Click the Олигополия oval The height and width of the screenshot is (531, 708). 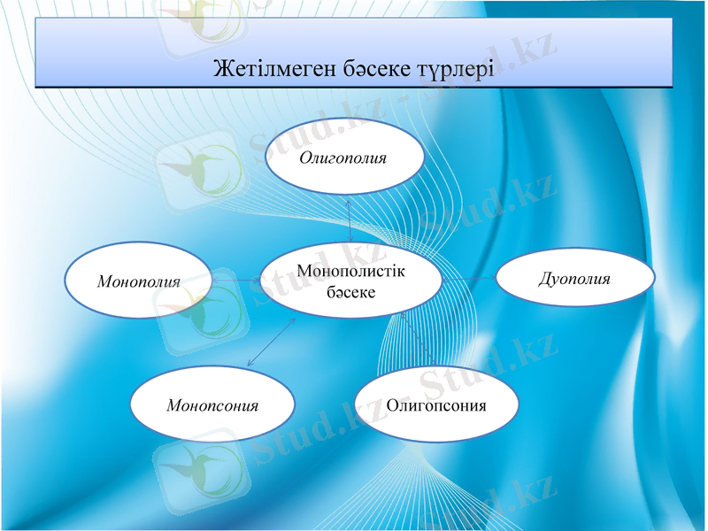point(344,158)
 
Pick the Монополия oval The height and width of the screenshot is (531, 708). point(139,281)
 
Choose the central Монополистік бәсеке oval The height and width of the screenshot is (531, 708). point(351,281)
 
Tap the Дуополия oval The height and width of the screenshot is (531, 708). point(575,279)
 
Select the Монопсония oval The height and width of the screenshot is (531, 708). point(212,405)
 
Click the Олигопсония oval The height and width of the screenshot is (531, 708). point(436,405)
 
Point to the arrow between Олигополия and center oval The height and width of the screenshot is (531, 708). point(350,219)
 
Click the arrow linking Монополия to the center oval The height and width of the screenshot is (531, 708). point(236,281)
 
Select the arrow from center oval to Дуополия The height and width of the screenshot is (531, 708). point(469,278)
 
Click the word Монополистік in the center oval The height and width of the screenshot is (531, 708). point(351,271)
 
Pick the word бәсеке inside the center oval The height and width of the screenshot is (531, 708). point(351,291)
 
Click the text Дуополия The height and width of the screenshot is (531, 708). point(575,279)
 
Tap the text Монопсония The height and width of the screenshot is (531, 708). point(212,405)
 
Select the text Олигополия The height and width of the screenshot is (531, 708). point(344,158)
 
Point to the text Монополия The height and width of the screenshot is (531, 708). point(139,282)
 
